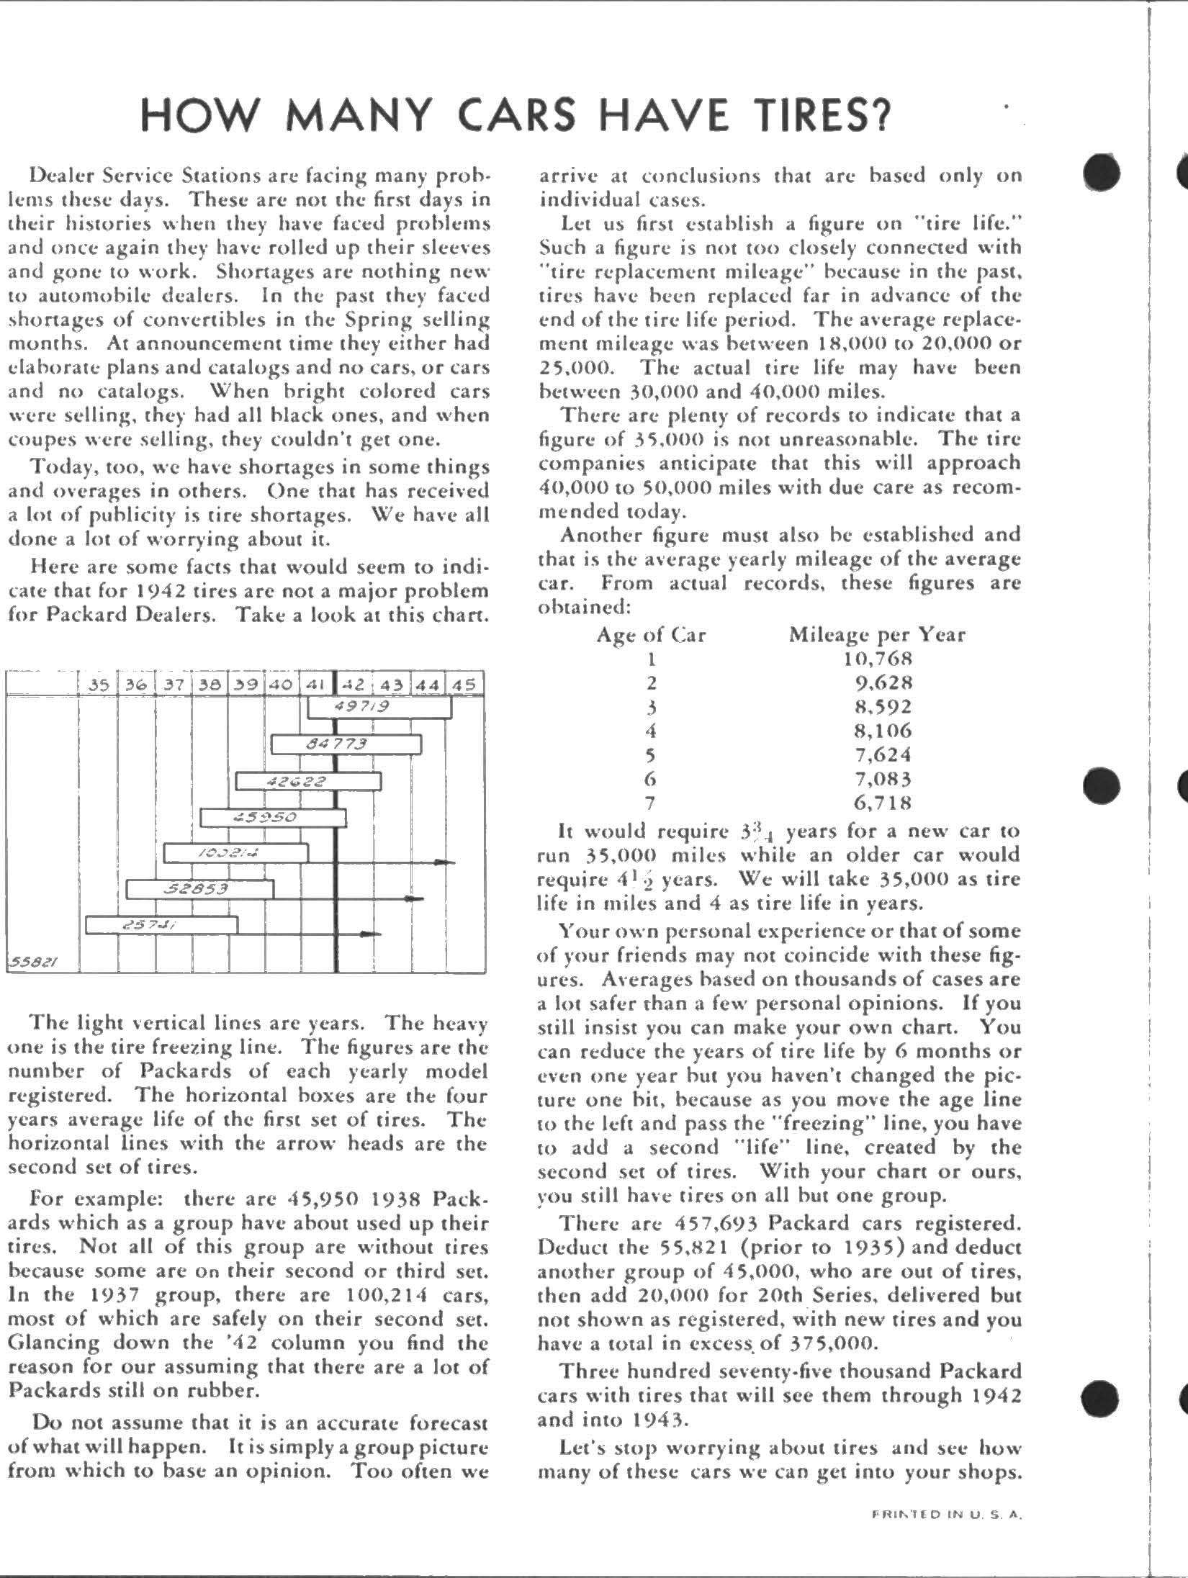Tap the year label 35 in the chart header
(99, 684)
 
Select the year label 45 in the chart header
(464, 684)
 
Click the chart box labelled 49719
(379, 707)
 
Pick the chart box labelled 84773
(346, 744)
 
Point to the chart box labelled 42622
(308, 781)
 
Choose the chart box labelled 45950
(273, 818)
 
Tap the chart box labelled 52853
(200, 889)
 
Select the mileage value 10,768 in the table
(877, 658)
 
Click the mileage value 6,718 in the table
(877, 802)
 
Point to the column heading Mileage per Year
(877, 634)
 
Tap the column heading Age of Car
(651, 634)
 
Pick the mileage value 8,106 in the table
(877, 730)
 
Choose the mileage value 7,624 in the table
(877, 754)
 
